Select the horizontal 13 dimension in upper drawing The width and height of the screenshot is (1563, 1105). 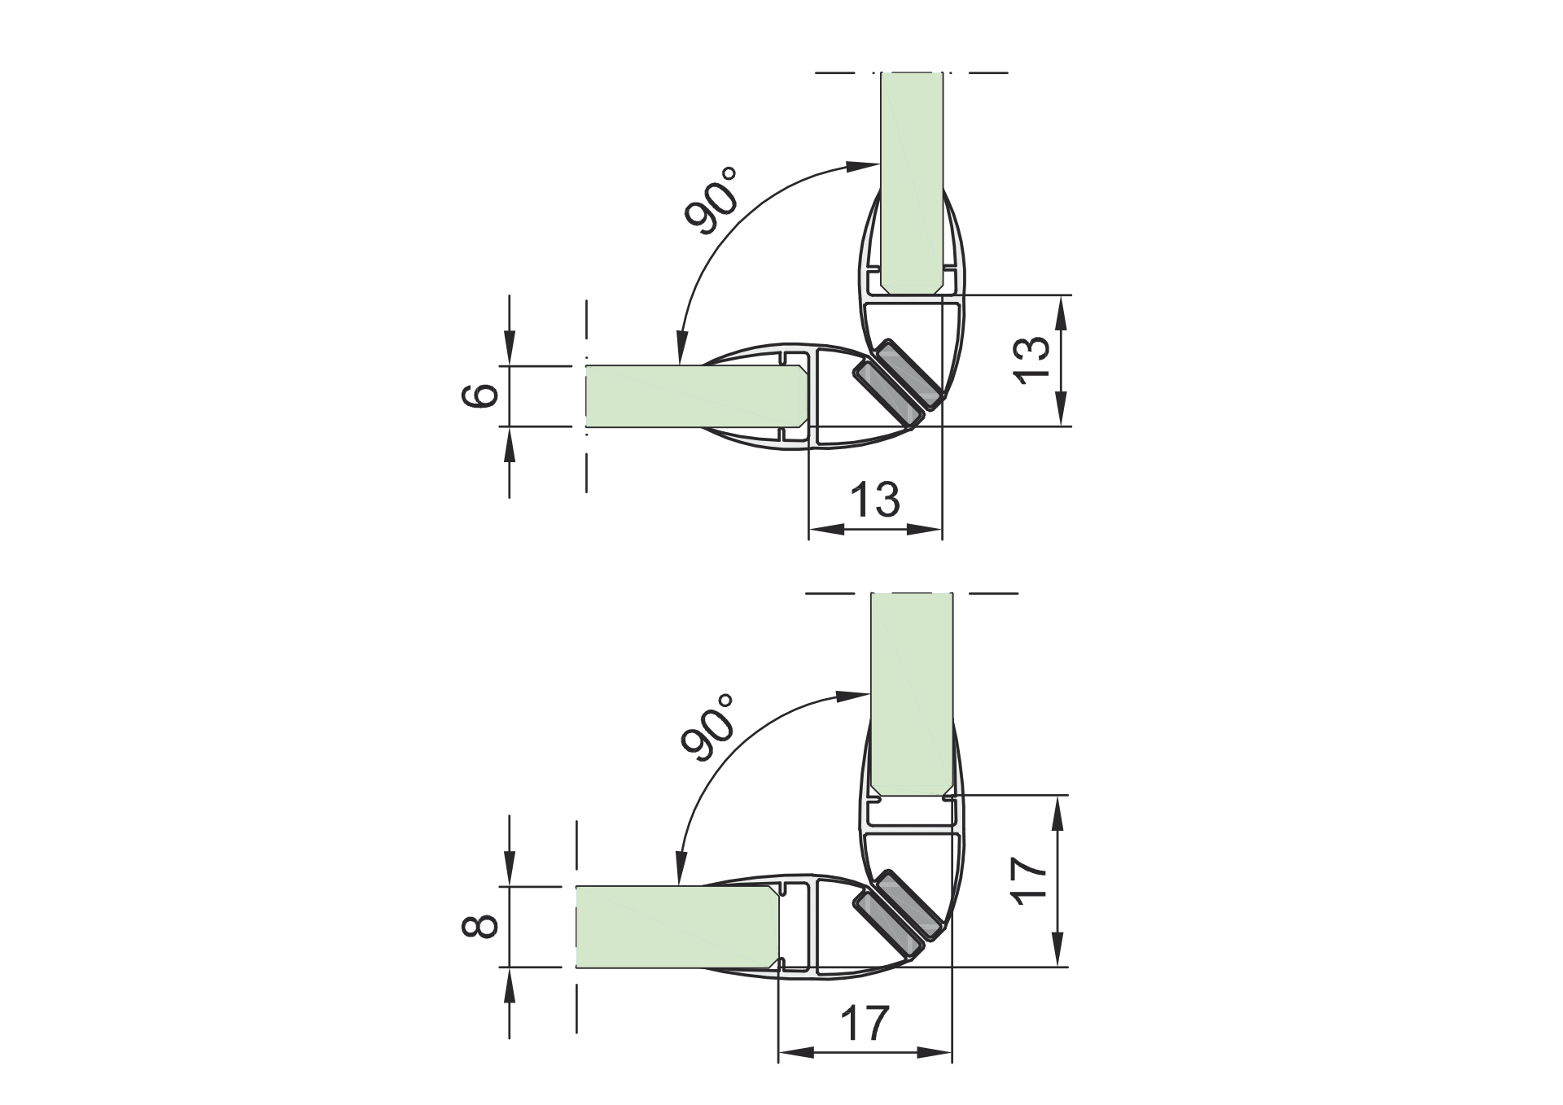coord(875,500)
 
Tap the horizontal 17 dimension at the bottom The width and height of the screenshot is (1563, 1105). coord(865,1024)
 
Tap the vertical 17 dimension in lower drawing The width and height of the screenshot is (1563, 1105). coord(1031,879)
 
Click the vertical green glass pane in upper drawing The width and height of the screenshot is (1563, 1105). coord(912,179)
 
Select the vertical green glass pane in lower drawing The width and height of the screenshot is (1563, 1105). coord(911,692)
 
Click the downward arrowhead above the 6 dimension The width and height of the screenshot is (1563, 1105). coord(510,345)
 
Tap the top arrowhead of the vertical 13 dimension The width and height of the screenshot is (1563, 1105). coord(1061,313)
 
